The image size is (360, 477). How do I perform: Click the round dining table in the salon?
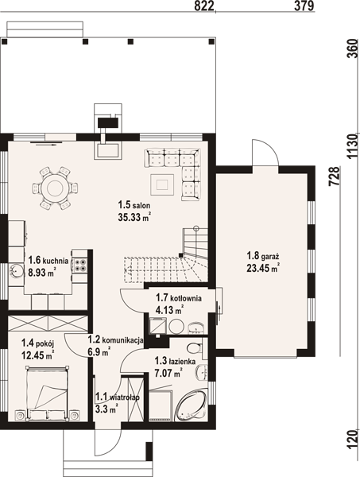55,188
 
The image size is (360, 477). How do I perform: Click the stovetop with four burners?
79,265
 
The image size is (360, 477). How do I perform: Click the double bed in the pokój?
48,394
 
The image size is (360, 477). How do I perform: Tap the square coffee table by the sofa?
162,184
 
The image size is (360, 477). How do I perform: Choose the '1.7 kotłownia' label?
179,297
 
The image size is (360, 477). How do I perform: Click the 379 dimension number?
304,6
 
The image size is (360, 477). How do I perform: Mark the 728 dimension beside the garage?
334,176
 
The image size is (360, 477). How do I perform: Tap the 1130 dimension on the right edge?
353,146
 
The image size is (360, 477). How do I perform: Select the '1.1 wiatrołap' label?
118,397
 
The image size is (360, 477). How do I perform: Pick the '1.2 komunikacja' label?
115,340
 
